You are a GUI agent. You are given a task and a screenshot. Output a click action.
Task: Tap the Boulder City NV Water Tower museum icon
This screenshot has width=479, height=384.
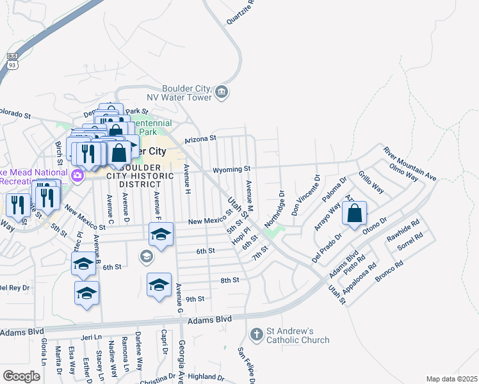pos(222,93)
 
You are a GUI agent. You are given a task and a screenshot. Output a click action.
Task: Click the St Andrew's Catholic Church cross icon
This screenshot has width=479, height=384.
pos(256,334)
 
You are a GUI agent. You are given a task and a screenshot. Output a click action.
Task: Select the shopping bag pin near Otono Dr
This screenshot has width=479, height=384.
pos(355,213)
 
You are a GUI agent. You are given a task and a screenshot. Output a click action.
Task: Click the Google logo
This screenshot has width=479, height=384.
pos(21,376)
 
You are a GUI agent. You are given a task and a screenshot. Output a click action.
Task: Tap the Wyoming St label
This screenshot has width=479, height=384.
pos(232,169)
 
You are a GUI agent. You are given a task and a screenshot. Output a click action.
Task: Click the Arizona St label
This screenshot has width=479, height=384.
pos(200,138)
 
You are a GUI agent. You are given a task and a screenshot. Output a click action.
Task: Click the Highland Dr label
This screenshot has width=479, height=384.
pos(206,378)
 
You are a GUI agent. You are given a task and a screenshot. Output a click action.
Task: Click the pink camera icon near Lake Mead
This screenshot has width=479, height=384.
pos(77,175)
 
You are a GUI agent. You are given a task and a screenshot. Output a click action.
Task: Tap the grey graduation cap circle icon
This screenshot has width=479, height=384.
pos(146,257)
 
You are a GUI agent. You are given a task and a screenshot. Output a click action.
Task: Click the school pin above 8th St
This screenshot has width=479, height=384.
pos(159,284)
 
